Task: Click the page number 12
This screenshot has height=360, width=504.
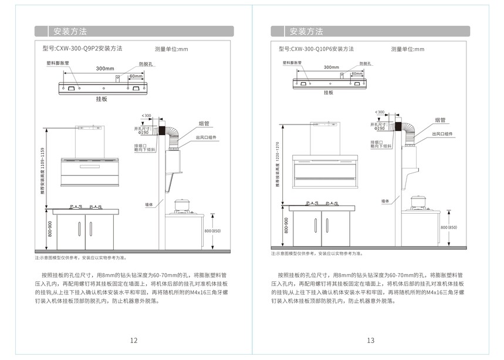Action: click(x=134, y=341)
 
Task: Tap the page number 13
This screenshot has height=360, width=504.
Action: click(x=370, y=341)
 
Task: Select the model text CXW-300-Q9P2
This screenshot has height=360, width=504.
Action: click(x=77, y=49)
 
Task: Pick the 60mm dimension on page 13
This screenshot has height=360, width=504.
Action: click(x=356, y=74)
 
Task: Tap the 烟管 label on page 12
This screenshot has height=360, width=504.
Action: click(x=204, y=123)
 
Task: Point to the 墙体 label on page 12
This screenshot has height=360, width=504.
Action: click(x=149, y=204)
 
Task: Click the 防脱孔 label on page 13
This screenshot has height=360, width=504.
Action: click(x=364, y=63)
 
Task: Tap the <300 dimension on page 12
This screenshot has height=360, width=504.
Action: click(x=146, y=115)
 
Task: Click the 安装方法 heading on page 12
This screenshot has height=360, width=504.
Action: click(x=70, y=31)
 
